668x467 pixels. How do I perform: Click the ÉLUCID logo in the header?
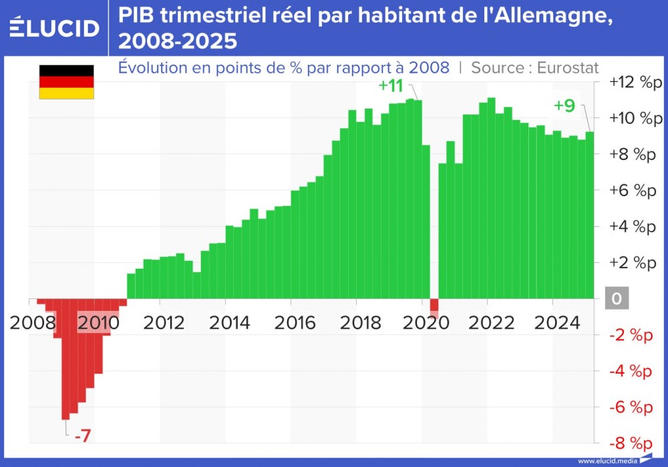55,27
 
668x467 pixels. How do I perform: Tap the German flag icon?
66,82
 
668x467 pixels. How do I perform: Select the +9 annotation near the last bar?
564,105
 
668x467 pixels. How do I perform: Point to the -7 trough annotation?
82,437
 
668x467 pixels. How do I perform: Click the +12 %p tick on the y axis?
633,82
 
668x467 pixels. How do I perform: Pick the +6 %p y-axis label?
633,191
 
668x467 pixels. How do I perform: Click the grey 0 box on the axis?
617,299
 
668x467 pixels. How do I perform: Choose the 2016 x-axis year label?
295,323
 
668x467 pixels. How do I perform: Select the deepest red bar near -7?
65,360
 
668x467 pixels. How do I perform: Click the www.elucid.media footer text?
607,461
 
